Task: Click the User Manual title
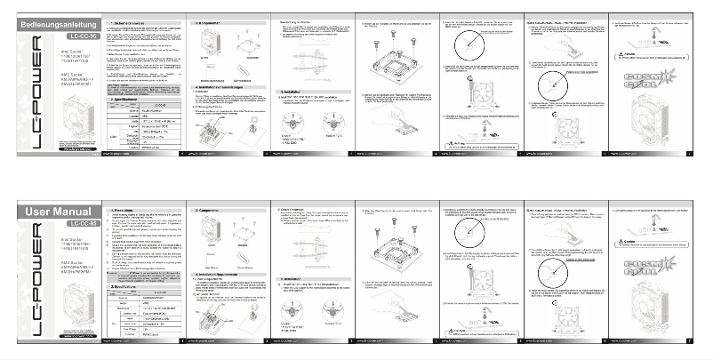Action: point(52,212)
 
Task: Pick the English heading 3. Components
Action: point(213,204)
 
